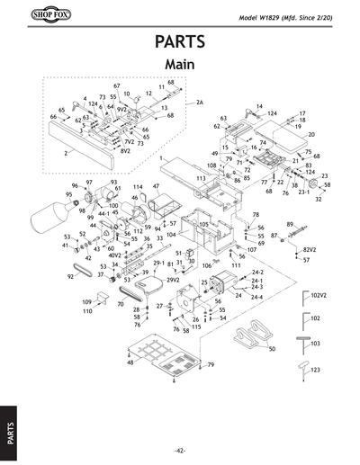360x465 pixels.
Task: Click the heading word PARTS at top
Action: click(x=180, y=43)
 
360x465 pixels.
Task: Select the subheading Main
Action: click(x=180, y=65)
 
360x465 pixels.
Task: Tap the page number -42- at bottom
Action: click(x=180, y=450)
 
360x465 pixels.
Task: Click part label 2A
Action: click(x=200, y=103)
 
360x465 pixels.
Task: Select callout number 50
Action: click(x=272, y=348)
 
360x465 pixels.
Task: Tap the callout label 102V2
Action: click(x=317, y=294)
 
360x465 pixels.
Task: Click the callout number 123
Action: click(x=315, y=370)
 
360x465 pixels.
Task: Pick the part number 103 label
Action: click(x=315, y=344)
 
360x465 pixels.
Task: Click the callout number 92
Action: click(x=70, y=277)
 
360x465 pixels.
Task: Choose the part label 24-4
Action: click(x=256, y=297)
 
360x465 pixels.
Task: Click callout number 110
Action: click(x=87, y=311)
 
